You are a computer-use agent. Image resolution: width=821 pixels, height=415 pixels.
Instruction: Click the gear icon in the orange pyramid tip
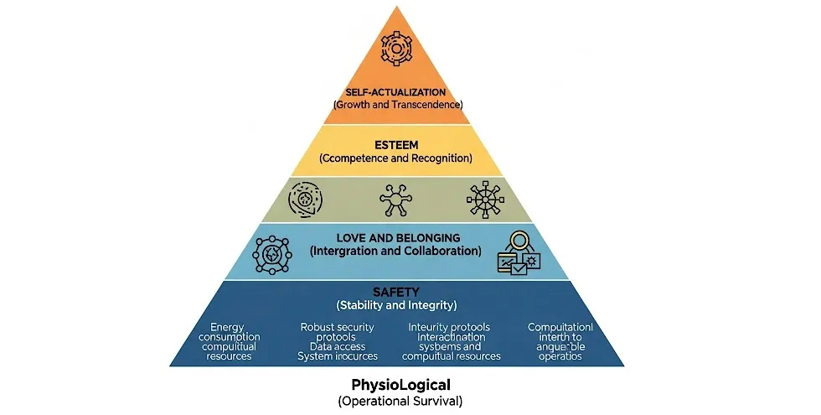[398, 45]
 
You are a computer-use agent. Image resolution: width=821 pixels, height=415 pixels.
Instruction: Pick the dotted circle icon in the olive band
[305, 200]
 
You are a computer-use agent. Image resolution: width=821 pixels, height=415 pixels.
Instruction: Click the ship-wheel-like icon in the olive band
[484, 200]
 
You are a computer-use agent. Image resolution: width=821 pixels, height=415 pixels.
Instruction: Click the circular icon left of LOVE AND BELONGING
[271, 253]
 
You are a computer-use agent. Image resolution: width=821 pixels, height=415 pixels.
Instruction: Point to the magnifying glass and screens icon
[519, 252]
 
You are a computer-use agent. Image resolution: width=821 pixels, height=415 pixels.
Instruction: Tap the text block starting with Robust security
[338, 341]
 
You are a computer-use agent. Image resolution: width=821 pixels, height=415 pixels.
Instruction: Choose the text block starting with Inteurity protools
[452, 341]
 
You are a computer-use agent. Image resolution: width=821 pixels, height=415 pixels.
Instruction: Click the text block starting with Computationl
[560, 341]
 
